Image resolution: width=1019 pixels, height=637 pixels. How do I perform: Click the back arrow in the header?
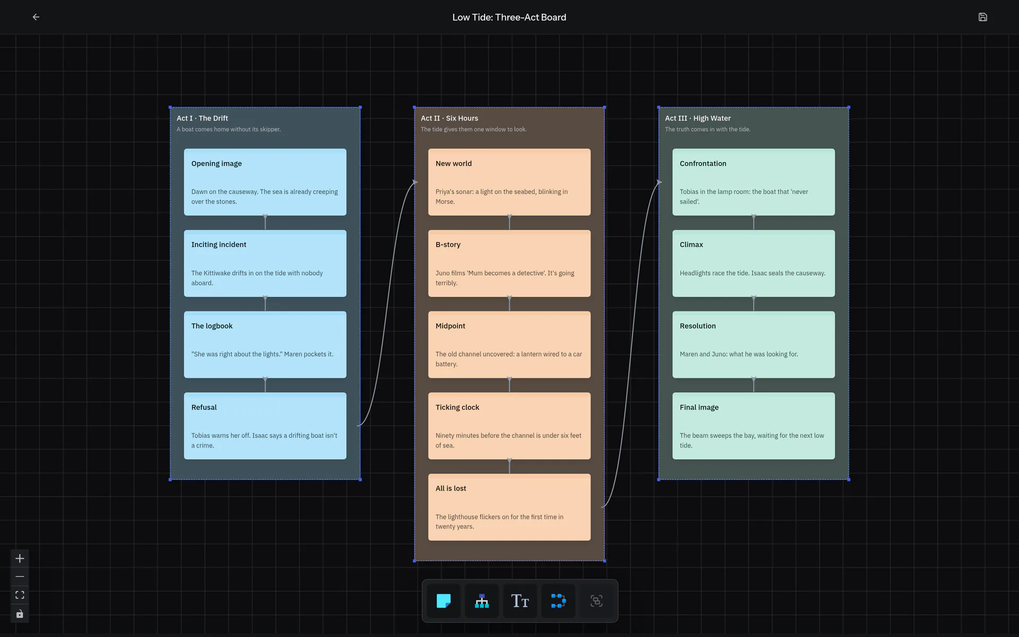pyautogui.click(x=36, y=17)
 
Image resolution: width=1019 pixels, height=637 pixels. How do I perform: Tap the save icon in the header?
pyautogui.click(x=982, y=17)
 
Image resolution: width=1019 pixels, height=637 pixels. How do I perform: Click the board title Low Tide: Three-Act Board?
pyautogui.click(x=509, y=17)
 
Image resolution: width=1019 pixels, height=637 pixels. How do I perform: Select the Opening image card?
pyautogui.click(x=265, y=182)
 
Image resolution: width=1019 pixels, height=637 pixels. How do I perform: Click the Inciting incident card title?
pyautogui.click(x=219, y=245)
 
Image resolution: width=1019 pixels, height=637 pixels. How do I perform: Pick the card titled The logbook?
pyautogui.click(x=265, y=345)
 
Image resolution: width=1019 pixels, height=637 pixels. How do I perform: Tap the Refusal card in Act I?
pyautogui.click(x=265, y=426)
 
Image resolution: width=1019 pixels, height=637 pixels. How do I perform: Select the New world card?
pyautogui.click(x=509, y=182)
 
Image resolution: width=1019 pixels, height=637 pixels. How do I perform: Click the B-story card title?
pyautogui.click(x=448, y=245)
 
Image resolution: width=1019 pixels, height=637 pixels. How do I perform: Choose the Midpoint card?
pyautogui.click(x=509, y=345)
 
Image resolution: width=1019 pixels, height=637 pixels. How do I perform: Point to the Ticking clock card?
pyautogui.click(x=509, y=426)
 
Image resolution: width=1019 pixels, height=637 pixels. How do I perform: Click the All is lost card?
pyautogui.click(x=509, y=507)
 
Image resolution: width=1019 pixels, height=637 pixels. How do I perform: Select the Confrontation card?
pyautogui.click(x=753, y=182)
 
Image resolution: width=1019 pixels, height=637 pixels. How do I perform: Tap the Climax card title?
pyautogui.click(x=691, y=245)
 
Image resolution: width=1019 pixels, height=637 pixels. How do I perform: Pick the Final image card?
pyautogui.click(x=753, y=426)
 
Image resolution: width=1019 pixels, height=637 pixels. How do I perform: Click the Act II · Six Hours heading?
pyautogui.click(x=449, y=118)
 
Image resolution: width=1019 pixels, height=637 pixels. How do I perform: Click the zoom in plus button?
pyautogui.click(x=20, y=558)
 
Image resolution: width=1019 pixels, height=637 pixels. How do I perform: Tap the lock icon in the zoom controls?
pyautogui.click(x=20, y=614)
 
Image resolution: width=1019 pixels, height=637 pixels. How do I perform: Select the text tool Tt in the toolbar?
pyautogui.click(x=520, y=601)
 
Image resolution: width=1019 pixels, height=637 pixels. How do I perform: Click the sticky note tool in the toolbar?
pyautogui.click(x=444, y=601)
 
